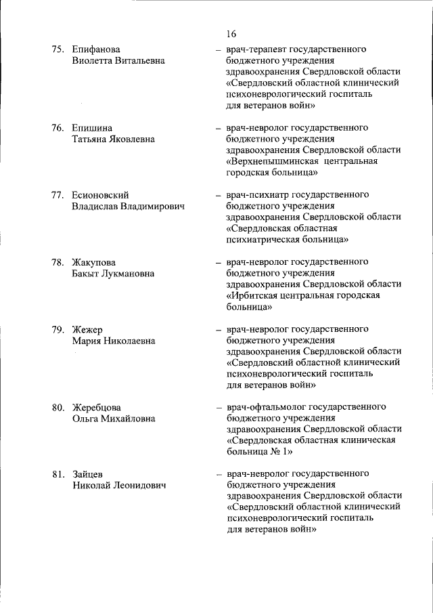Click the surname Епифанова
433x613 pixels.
pyautogui.click(x=96, y=49)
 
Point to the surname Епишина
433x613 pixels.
pyautogui.click(x=93, y=127)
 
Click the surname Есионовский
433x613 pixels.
pyautogui.click(x=100, y=194)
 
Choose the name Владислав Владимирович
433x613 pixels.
pyautogui.click(x=129, y=206)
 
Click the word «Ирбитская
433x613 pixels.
pyautogui.click(x=255, y=295)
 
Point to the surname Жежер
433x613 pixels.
pyautogui.click(x=87, y=329)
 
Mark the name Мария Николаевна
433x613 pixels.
pyautogui.click(x=114, y=341)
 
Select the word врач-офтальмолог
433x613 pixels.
pyautogui.click(x=266, y=407)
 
